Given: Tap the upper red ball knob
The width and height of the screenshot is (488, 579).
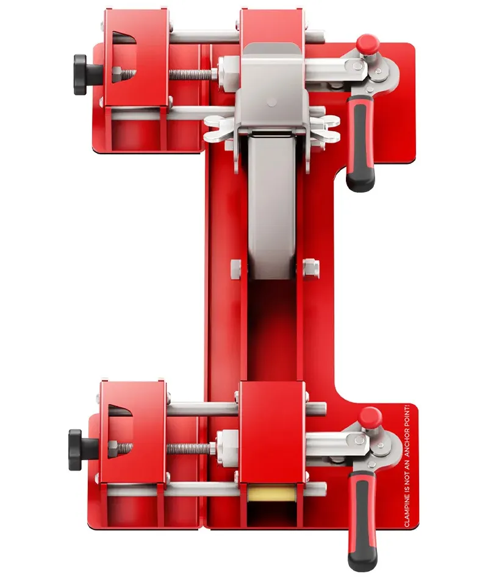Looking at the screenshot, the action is (x=367, y=43).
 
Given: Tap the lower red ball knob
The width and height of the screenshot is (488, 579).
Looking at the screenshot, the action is (x=370, y=416).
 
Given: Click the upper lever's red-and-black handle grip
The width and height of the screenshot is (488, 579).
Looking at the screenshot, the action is (x=360, y=143).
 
